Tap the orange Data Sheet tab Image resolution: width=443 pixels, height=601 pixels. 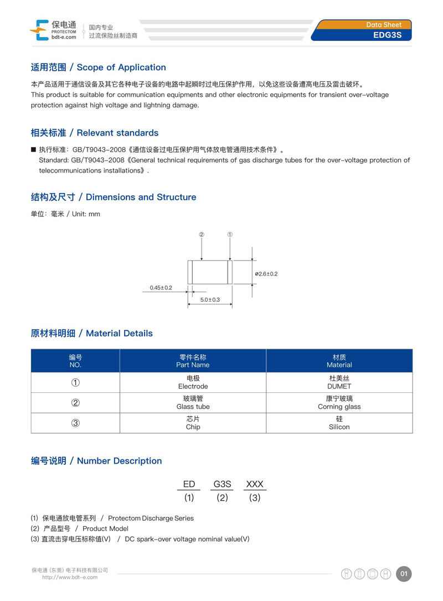pos(388,24)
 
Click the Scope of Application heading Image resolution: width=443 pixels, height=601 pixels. pos(98,68)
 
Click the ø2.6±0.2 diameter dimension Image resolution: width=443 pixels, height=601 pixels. pos(266,274)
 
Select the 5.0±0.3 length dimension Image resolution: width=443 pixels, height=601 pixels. pos(210,299)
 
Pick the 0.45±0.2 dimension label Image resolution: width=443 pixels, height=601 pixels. pos(161,288)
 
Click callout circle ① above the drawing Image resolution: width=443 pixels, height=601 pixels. pos(230,235)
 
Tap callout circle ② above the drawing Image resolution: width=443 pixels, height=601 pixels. pos(202,235)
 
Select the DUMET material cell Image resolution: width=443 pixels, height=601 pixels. pos(339,386)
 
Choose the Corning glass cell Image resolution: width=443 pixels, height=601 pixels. pos(339,407)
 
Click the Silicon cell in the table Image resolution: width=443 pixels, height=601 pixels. pos(339,427)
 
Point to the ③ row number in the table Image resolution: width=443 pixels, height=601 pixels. pos(75,423)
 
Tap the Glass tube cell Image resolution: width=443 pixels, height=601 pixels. pos(193,407)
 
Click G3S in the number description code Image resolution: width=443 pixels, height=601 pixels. pos(222,484)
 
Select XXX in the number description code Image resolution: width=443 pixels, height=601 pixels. pos(254,484)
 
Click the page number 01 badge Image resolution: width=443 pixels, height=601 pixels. pos(404,574)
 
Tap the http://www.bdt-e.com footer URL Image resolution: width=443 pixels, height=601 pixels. pos(70,577)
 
